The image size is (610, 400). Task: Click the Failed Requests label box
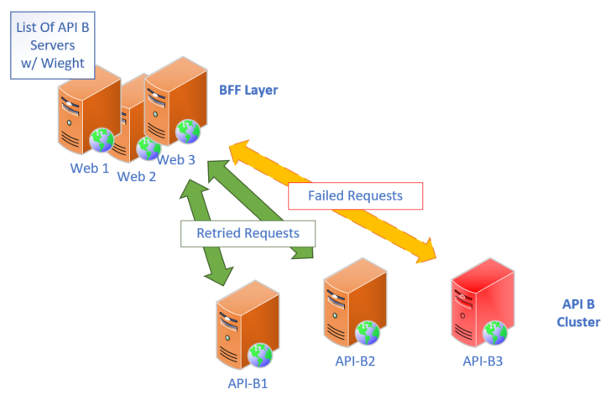pos(355,195)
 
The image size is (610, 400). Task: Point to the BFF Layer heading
pos(248,90)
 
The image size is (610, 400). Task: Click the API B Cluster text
pos(580,314)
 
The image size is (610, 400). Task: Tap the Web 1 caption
pos(90,167)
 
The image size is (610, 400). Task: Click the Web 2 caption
pos(137,176)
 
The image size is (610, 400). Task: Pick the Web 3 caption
pos(177,159)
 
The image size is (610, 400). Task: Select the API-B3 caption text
pos(482,361)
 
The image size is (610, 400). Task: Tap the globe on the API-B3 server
pos(496,333)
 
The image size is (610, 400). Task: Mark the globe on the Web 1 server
pos(102,140)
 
